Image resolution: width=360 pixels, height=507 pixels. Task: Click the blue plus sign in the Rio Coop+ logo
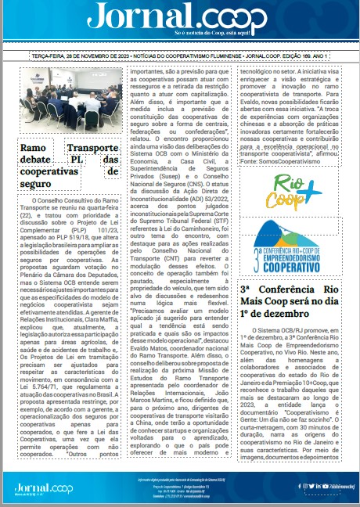tap(311, 191)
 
